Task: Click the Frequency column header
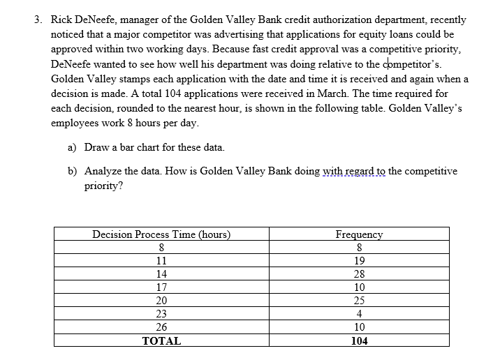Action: (x=359, y=234)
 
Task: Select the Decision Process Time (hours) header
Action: (x=161, y=234)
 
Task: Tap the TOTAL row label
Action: (x=161, y=341)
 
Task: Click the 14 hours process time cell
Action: (x=161, y=274)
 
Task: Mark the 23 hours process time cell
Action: (x=161, y=314)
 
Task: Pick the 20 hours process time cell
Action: (x=161, y=301)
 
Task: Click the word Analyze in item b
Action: (x=103, y=171)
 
